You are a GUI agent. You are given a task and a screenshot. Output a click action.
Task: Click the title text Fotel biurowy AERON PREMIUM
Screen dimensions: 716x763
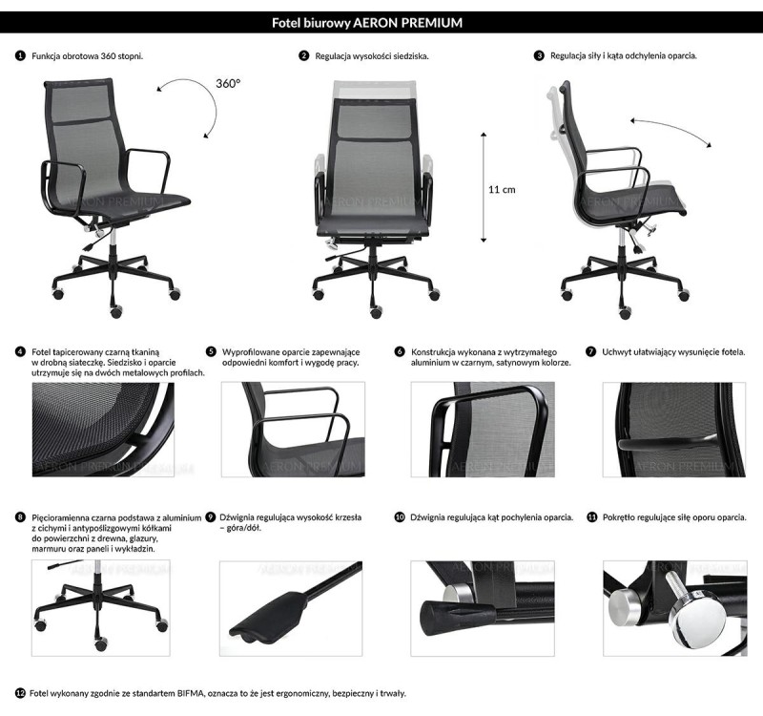pos(381,21)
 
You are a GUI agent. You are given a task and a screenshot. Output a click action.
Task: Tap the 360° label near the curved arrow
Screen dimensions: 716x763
pos(227,84)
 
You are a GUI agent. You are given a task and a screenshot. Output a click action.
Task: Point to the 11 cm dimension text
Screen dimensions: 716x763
pos(502,189)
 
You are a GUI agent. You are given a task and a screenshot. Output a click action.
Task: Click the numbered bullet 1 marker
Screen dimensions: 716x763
pos(20,56)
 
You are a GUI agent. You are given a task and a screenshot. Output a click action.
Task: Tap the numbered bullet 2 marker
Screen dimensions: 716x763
pos(304,56)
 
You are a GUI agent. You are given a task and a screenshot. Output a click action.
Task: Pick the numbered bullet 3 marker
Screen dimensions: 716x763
pos(539,56)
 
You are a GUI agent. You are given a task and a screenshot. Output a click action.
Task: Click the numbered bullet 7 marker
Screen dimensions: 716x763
pos(590,351)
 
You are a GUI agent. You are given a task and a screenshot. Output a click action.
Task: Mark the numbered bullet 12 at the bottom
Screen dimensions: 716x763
pos(20,692)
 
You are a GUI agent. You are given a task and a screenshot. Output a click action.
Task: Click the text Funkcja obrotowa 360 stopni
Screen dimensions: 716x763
pos(88,56)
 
